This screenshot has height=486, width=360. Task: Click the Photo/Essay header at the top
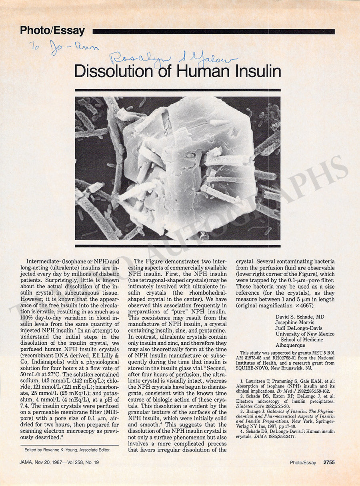tap(52, 31)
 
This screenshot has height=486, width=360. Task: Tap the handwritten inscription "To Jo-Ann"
tap(64, 48)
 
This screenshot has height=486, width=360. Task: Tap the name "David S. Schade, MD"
tap(300, 317)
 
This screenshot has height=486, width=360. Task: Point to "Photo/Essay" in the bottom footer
tap(303, 462)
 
